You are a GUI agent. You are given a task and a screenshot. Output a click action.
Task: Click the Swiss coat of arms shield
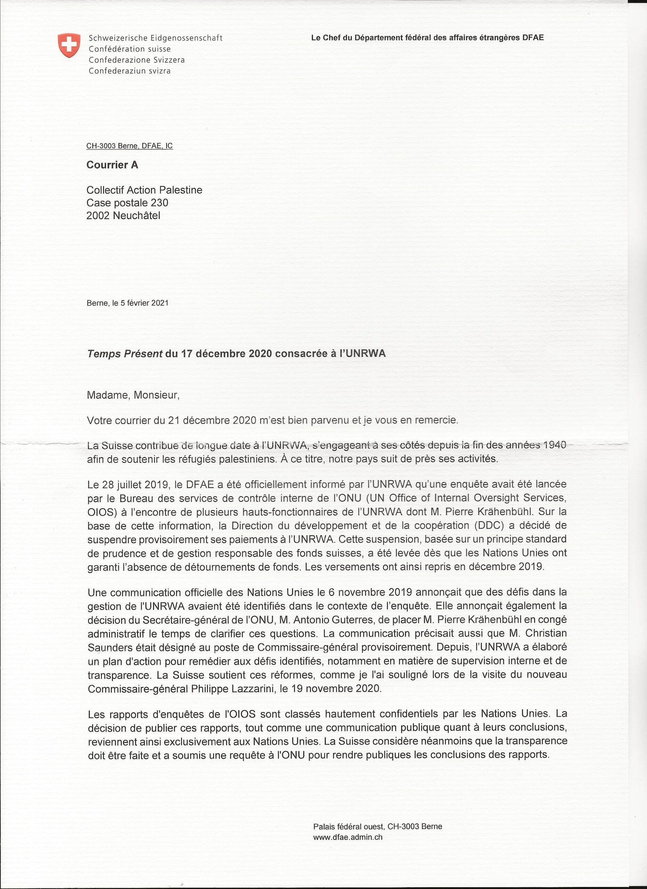[69, 45]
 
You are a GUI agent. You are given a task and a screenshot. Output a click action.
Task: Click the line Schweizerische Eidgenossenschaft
[155, 38]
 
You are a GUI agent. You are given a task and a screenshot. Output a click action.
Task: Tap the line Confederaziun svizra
[129, 71]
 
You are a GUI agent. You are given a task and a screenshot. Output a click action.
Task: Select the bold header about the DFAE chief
[427, 38]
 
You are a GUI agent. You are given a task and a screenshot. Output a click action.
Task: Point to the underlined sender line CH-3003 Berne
[129, 146]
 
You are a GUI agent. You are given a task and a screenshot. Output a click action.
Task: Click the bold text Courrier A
[112, 165]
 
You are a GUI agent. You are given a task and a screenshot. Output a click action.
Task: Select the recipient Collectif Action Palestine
[144, 190]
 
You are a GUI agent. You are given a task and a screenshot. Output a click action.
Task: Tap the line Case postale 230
[127, 203]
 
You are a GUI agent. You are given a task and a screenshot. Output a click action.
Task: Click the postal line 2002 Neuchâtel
[123, 216]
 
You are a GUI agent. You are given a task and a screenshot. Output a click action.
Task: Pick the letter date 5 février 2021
[144, 303]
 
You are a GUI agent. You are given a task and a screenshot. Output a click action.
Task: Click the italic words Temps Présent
[124, 354]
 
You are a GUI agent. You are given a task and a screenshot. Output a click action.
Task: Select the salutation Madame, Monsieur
[132, 395]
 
